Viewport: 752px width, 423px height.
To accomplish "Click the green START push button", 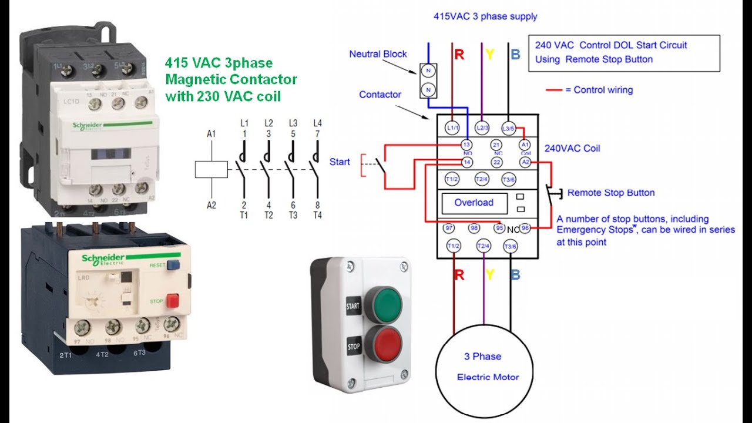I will click(382, 304).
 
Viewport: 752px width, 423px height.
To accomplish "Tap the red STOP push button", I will click(382, 344).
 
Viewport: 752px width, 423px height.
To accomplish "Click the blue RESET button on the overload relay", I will click(173, 265).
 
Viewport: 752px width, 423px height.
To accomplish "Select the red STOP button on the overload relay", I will click(172, 301).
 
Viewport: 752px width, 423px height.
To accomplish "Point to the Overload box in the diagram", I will click(474, 203).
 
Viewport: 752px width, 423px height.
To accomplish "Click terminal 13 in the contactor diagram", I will click(466, 145).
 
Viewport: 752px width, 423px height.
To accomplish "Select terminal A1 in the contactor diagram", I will click(525, 145).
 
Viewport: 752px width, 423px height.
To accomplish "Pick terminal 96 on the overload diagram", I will click(525, 228).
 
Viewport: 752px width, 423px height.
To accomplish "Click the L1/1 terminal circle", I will click(452, 127).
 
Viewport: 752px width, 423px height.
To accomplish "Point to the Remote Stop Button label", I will click(611, 193).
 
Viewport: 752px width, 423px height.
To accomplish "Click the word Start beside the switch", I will click(340, 162).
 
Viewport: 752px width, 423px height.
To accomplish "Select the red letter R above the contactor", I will click(459, 55).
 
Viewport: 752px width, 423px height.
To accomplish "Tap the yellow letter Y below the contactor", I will click(489, 274).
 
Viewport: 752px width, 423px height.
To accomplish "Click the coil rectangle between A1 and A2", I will click(211, 169).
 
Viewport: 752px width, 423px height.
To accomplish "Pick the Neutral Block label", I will click(378, 54).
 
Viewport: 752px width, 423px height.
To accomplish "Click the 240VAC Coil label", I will click(572, 149).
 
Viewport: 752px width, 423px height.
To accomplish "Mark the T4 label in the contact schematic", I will click(317, 215).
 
